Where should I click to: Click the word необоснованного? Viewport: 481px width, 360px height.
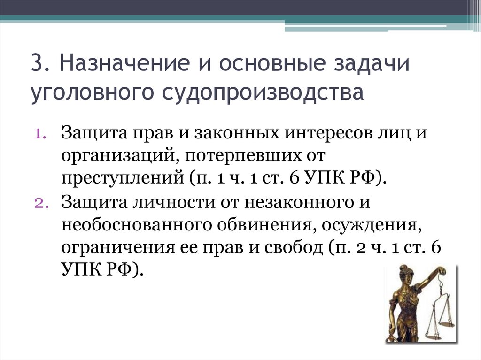(x=135, y=225)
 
